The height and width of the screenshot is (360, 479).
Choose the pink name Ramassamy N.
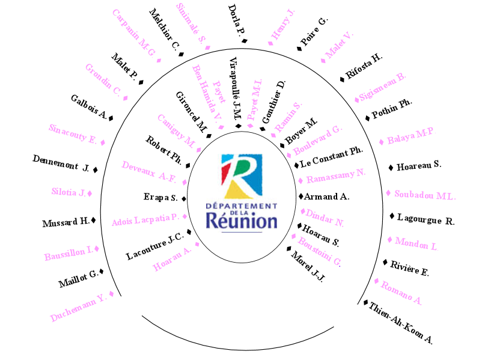point(336,175)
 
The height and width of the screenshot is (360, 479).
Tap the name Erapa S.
point(160,198)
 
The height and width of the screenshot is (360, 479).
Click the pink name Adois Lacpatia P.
point(145,221)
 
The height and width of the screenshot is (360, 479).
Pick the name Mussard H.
point(66,223)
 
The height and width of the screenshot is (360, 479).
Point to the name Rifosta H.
point(364,67)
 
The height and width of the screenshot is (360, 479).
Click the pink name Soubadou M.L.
point(425,195)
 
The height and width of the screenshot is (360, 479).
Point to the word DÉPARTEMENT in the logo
point(242,195)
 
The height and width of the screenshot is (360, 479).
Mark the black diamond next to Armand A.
point(301,196)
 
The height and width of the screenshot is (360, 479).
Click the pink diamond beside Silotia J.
point(90,193)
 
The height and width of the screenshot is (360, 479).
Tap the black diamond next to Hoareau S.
point(391,166)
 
